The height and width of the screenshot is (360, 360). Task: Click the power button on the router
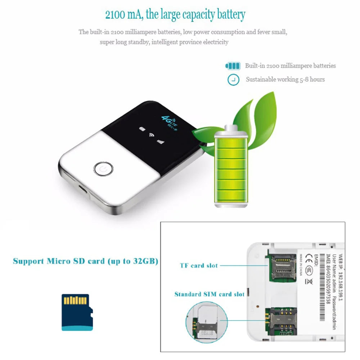pos(103,168)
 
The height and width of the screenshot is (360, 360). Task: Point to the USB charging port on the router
pos(83,189)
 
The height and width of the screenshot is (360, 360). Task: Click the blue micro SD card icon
pos(77,312)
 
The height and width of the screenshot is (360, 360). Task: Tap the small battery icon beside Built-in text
pos(233,66)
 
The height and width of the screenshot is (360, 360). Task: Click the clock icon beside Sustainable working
pos(233,80)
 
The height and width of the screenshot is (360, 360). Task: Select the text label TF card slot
pos(199,266)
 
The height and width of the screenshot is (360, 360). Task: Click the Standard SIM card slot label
pos(209,294)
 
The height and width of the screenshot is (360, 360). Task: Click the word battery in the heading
pos(231,15)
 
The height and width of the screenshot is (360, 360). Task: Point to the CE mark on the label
pos(309,259)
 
